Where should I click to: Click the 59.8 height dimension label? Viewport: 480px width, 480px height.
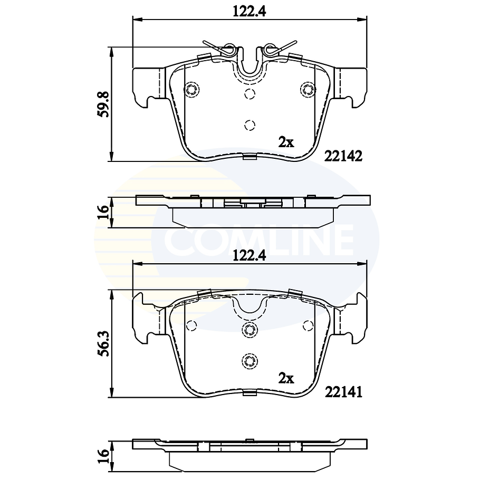pos(104,104)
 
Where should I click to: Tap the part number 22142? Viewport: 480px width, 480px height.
pos(343,156)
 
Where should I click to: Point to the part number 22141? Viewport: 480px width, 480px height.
pos(343,392)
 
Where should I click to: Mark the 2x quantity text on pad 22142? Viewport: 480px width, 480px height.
pos(286,142)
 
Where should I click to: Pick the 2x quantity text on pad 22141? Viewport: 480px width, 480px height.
pos(286,378)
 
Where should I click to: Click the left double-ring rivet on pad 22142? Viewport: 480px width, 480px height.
pos(193,89)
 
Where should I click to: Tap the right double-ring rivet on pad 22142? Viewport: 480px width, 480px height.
pos(307,89)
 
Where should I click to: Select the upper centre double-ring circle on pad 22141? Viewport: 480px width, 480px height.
pos(249,330)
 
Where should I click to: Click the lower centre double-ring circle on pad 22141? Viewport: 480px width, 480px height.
pos(249,361)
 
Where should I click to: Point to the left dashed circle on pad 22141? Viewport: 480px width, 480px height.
pos(191,325)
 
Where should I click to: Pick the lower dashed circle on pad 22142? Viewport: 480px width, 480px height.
pos(249,125)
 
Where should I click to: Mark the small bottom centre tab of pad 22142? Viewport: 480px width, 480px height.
pos(249,156)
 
